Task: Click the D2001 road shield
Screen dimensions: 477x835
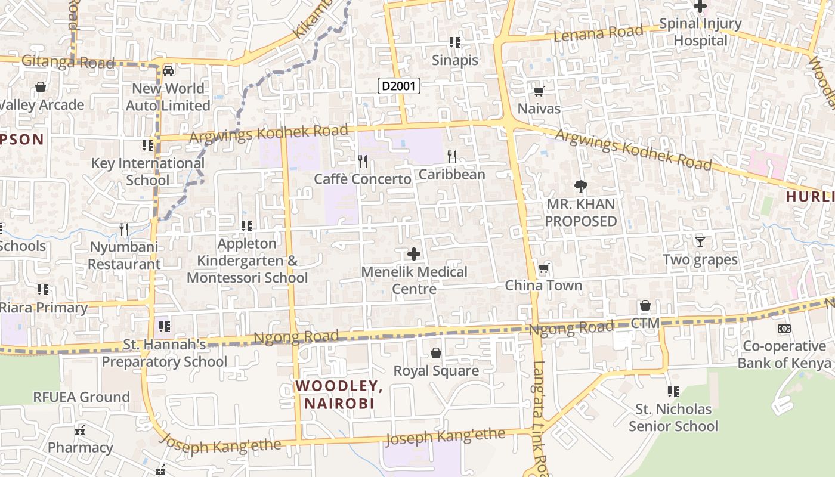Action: (x=400, y=86)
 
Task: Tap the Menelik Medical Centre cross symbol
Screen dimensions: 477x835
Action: (x=413, y=255)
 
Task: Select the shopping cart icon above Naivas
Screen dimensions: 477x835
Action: (x=539, y=91)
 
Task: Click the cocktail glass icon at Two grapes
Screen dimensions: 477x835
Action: (x=700, y=241)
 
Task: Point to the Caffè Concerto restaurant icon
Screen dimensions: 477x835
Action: (x=362, y=161)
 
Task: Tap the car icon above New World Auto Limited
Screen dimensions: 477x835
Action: (x=168, y=70)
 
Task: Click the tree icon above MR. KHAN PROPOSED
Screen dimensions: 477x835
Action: (x=580, y=187)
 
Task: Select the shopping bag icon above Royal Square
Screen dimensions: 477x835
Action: (x=436, y=353)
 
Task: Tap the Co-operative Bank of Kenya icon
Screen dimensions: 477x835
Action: (x=784, y=329)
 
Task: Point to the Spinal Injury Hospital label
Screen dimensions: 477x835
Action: (x=708, y=32)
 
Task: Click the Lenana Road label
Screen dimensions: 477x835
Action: (x=598, y=33)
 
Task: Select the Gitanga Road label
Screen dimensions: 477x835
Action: (x=67, y=61)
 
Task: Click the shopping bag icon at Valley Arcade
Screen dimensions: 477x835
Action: (x=41, y=87)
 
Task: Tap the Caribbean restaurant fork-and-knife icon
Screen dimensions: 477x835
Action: (x=452, y=156)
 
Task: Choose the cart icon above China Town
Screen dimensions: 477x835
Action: (x=543, y=268)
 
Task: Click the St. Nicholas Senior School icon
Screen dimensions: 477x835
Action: (x=673, y=392)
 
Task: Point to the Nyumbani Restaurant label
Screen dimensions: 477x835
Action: (x=125, y=255)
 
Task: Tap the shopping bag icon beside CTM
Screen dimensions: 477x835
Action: (x=645, y=306)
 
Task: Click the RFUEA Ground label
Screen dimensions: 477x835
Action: (x=81, y=397)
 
